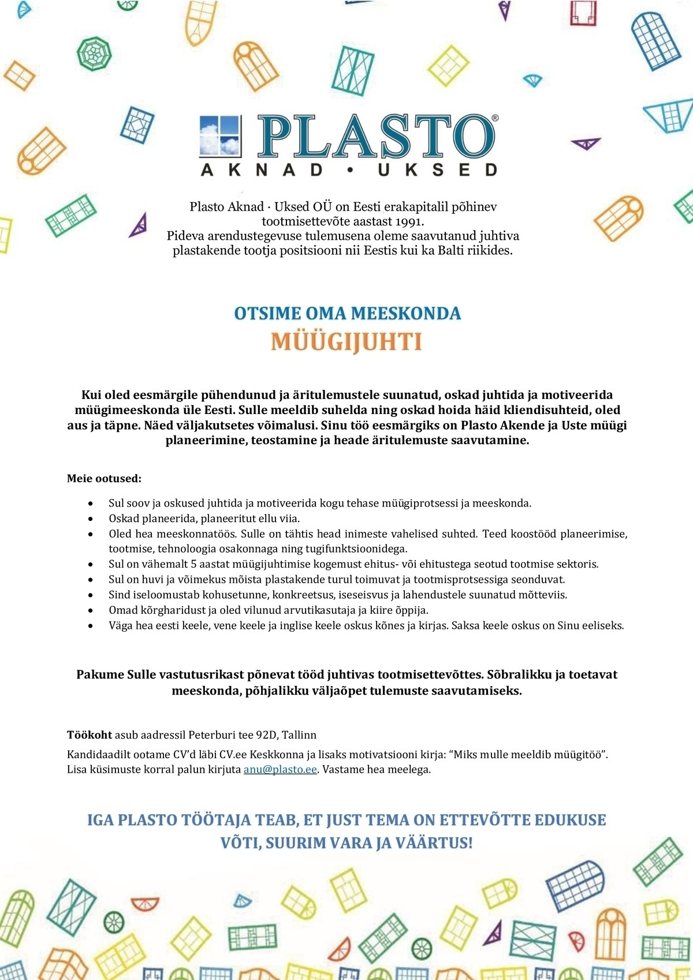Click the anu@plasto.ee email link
click(280, 770)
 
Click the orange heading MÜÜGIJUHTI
click(346, 342)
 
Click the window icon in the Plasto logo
click(219, 136)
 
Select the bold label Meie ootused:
click(104, 479)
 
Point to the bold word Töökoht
click(90, 735)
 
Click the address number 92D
click(266, 735)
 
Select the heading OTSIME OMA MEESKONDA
click(347, 314)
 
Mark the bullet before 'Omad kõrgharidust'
click(90, 610)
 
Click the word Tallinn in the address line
click(299, 735)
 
